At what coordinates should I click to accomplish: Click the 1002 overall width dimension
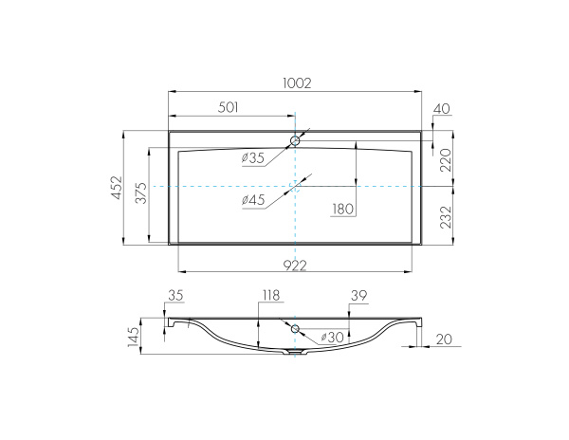[297, 83]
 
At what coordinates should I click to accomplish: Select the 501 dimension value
[228, 107]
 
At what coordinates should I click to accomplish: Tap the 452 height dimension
[117, 188]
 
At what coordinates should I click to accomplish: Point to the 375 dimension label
[141, 192]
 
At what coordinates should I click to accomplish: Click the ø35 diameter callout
[253, 158]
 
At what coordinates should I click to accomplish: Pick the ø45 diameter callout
[253, 200]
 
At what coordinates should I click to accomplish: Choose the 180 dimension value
[342, 209]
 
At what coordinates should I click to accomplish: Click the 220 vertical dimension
[446, 160]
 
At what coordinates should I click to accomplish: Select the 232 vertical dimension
[446, 217]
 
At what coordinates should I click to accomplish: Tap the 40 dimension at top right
[442, 108]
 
